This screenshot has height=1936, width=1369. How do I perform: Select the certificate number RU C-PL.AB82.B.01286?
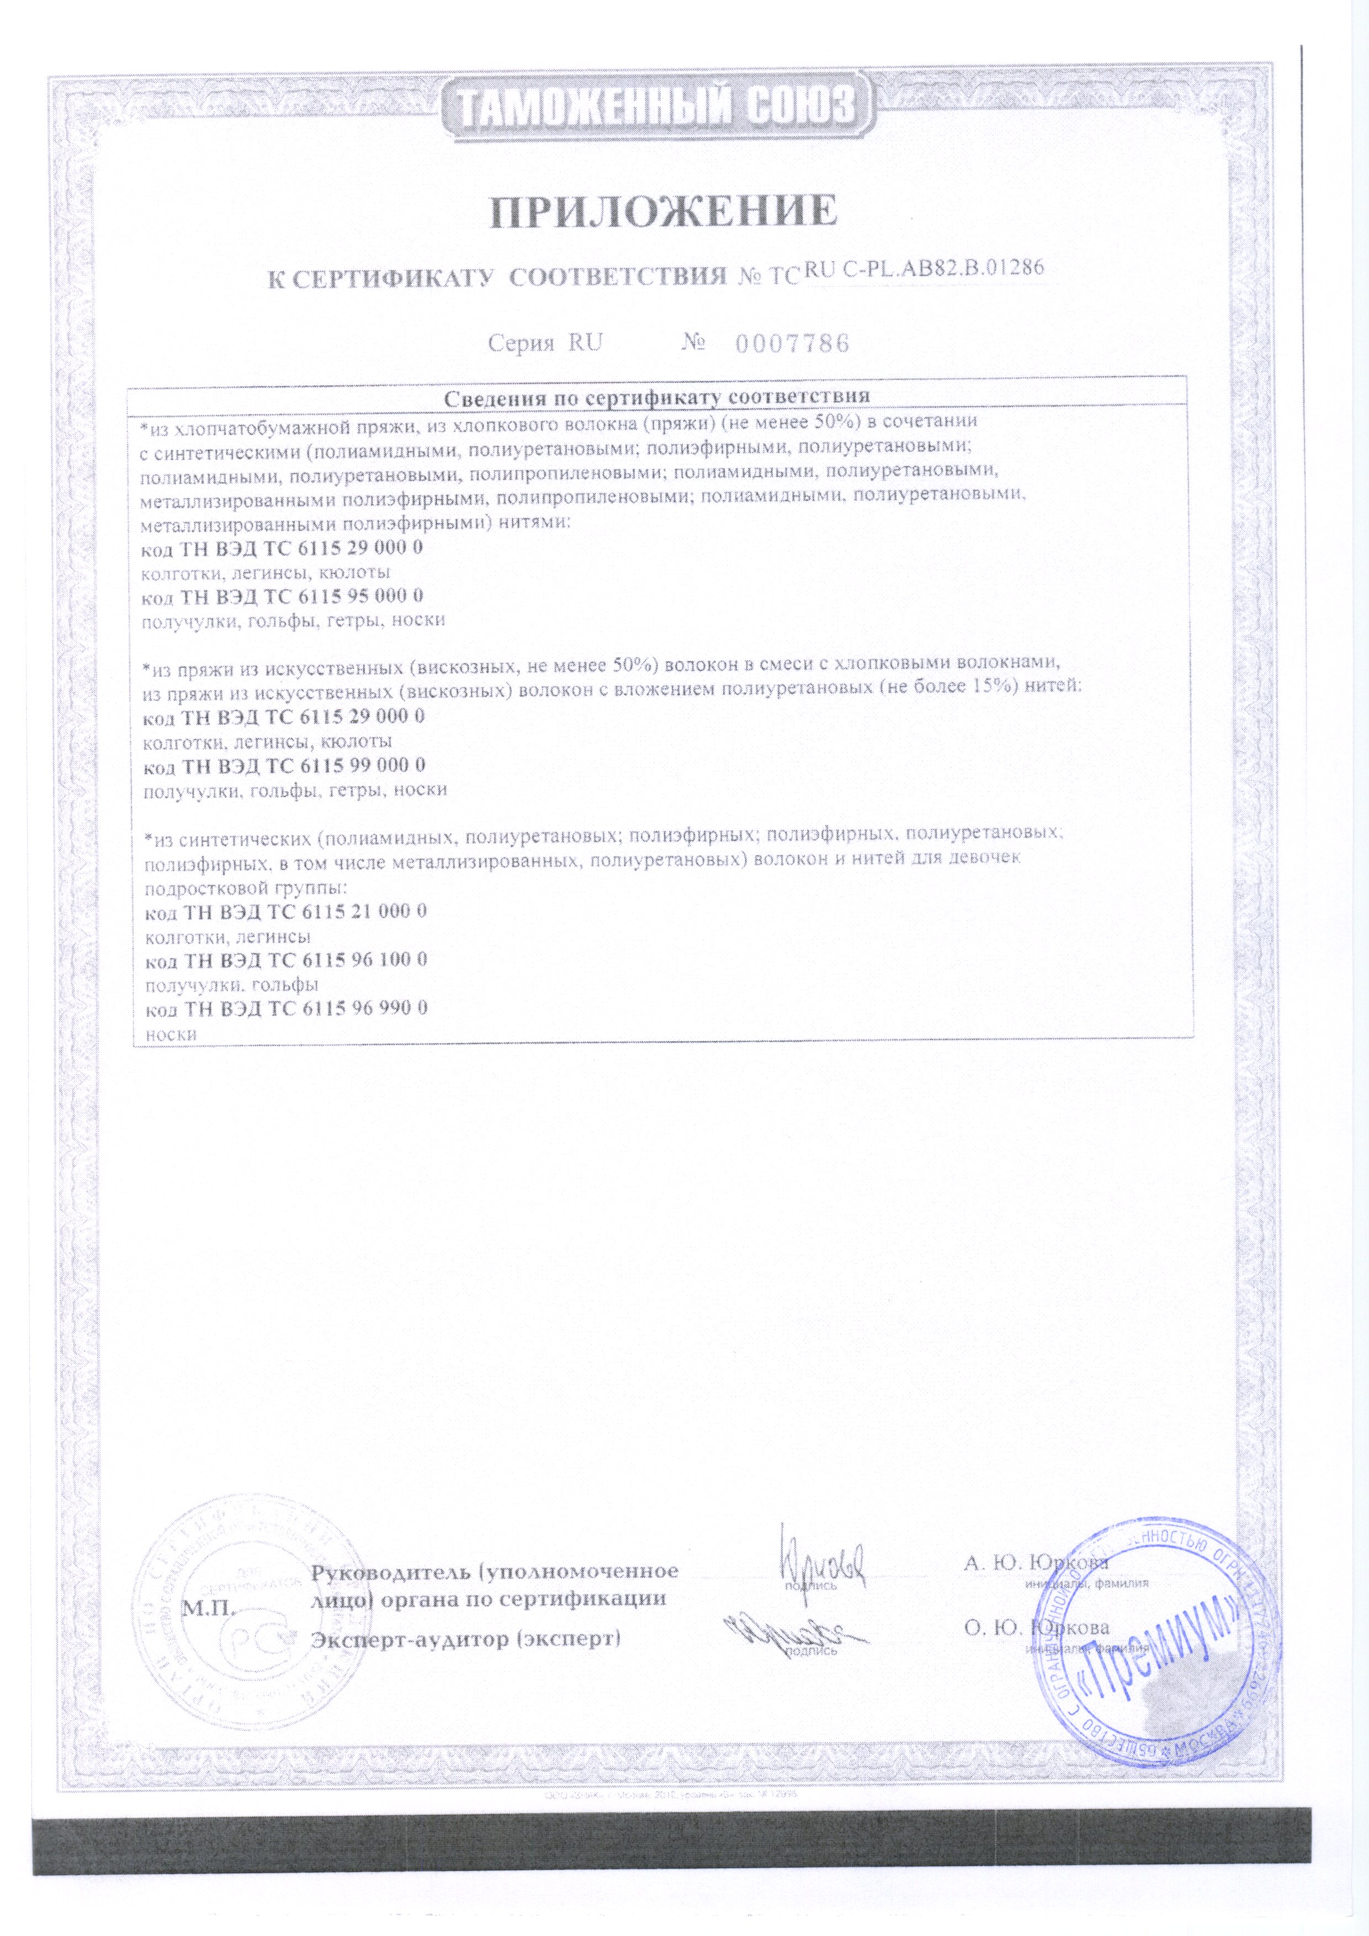925,270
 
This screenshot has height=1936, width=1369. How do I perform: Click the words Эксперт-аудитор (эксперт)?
465,1639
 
